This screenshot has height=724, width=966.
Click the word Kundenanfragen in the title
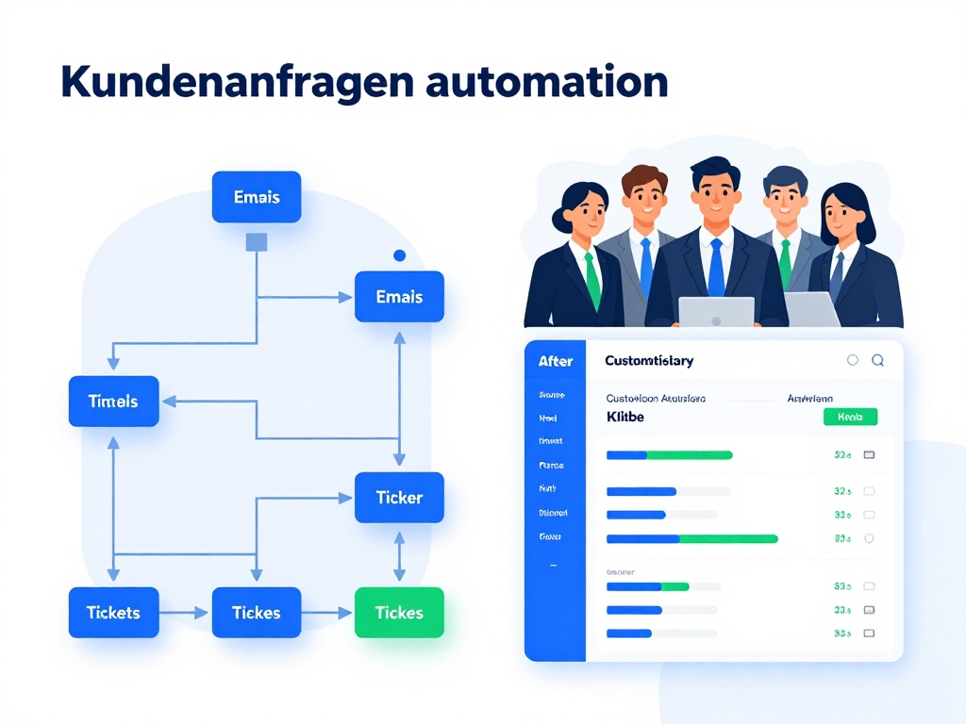click(236, 83)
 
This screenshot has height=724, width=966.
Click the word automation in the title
click(547, 83)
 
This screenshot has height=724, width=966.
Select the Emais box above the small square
click(257, 197)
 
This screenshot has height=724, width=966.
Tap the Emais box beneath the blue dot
click(399, 297)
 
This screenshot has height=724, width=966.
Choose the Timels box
click(113, 402)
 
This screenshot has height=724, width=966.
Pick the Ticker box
click(399, 498)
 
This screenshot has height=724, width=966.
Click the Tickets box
click(113, 613)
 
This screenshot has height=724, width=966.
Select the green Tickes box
click(399, 613)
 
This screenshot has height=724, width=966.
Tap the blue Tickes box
click(257, 613)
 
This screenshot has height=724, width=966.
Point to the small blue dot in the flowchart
click(399, 255)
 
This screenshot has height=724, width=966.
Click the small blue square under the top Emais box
click(257, 242)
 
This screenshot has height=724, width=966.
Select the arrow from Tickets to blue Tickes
click(185, 613)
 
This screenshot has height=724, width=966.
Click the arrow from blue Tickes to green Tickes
click(327, 613)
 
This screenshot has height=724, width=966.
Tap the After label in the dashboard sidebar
click(556, 361)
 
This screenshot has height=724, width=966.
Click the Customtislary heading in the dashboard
click(649, 361)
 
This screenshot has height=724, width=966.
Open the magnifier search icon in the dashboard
click(877, 360)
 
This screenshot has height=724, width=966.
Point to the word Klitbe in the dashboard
click(625, 416)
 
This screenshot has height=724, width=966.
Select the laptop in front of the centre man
click(716, 312)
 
